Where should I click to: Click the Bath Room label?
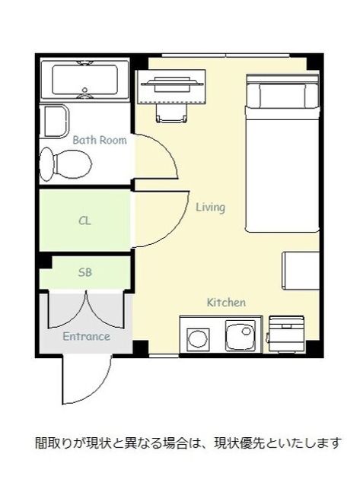100,140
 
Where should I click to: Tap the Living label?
210,208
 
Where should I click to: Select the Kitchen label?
226,303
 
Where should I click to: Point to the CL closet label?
84,220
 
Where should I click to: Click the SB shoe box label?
84,272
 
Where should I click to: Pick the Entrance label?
86,336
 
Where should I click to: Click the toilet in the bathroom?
65,164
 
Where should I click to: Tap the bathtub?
85,80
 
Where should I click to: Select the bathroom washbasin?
55,122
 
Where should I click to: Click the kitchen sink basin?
241,335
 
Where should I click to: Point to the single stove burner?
198,338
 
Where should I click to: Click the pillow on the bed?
282,95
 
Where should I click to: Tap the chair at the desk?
171,113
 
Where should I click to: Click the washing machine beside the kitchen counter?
286,334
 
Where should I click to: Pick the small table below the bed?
301,271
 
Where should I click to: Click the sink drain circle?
247,331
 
